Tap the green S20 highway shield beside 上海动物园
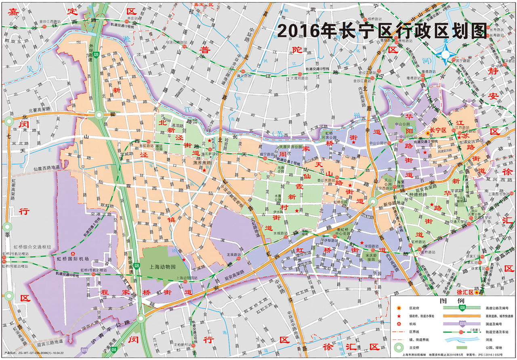pos(137,266)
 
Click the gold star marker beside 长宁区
pos(428,133)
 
